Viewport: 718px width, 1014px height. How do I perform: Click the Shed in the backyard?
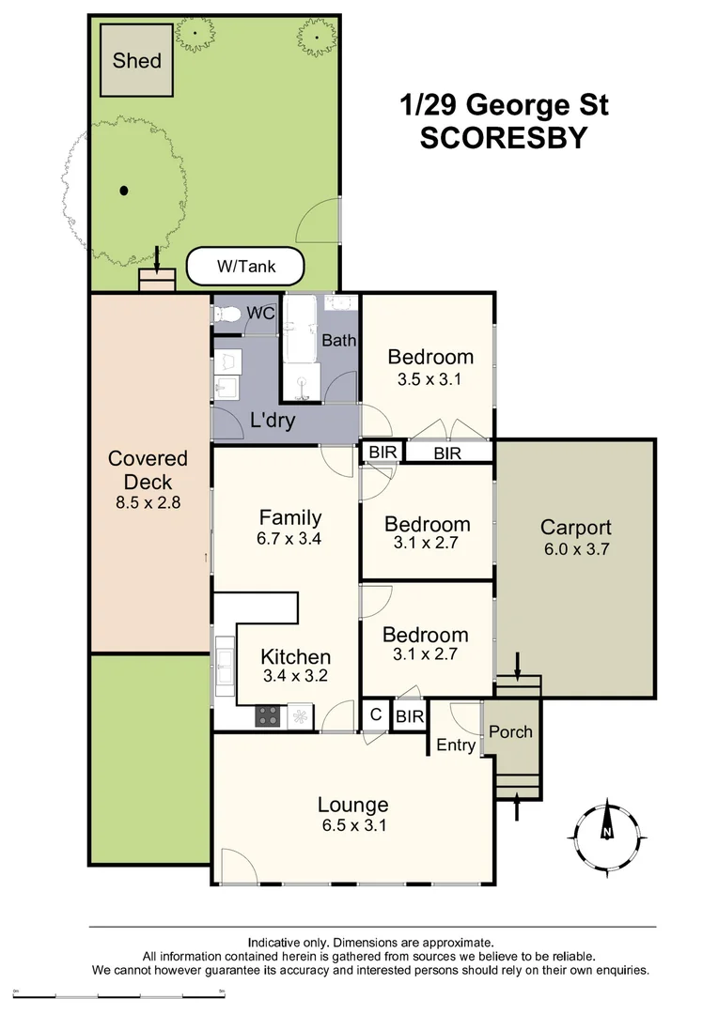point(137,60)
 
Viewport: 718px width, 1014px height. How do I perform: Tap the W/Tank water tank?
point(246,267)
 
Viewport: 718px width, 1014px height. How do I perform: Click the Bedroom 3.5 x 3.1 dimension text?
point(430,380)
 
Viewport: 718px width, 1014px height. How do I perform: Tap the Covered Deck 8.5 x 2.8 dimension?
point(148,502)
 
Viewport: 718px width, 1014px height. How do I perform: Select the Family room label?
point(290,517)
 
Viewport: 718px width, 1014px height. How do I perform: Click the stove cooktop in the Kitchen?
point(267,715)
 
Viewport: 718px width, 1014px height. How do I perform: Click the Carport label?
point(575,527)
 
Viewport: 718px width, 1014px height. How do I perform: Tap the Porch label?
point(511,731)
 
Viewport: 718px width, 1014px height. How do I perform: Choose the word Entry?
point(456,745)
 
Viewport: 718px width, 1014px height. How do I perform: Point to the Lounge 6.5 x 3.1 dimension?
point(352,827)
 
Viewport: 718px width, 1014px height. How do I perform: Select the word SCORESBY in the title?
point(503,138)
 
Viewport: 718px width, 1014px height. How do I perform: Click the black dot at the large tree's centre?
point(124,191)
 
